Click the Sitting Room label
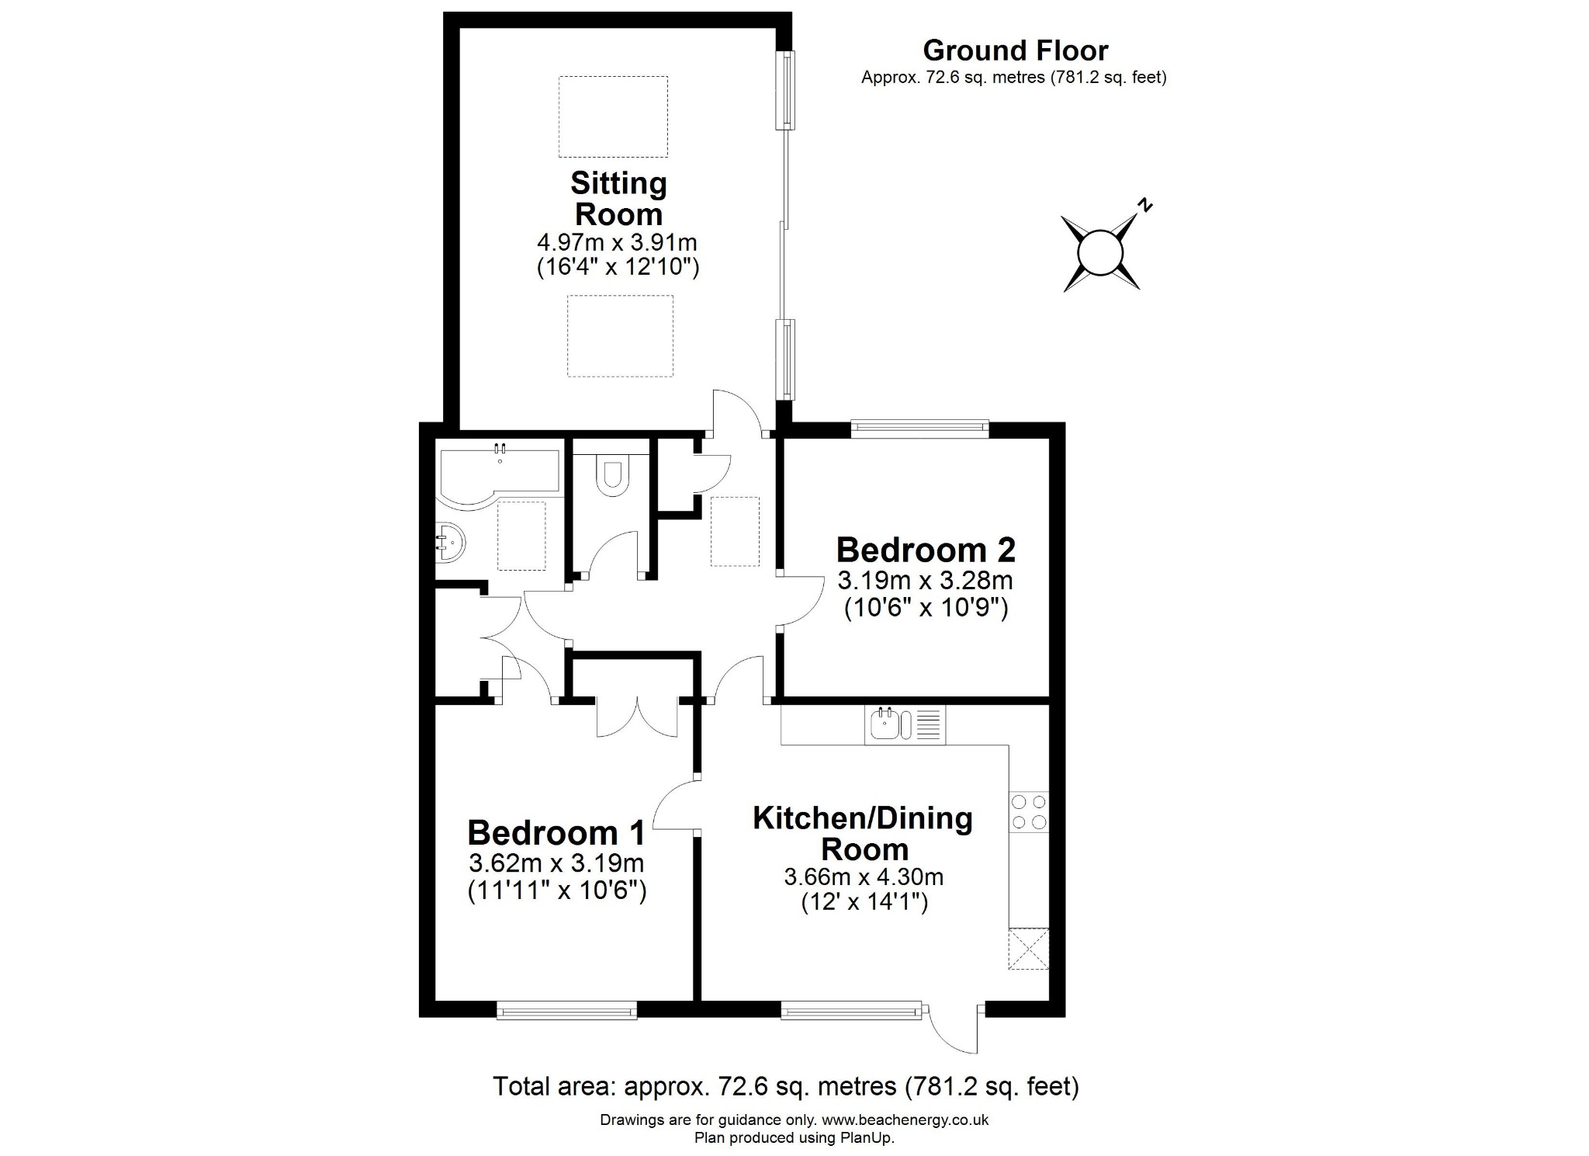point(618,198)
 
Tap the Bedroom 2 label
point(926,550)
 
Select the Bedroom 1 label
point(556,832)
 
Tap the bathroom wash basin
point(449,541)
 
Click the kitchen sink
point(885,724)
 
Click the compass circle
point(1101,253)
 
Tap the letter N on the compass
point(1144,206)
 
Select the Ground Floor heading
point(1015,50)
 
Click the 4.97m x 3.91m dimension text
point(618,242)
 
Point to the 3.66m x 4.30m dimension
point(864,877)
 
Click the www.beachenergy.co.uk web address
point(905,1120)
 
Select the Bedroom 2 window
point(919,426)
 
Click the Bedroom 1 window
point(566,1010)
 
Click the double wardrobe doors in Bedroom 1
point(637,716)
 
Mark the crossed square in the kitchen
point(1028,948)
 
